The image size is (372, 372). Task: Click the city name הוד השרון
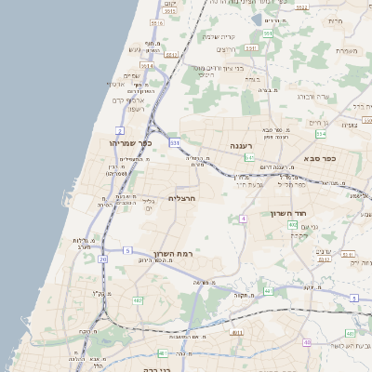tap(288, 214)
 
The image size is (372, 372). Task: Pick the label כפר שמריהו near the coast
tap(117, 143)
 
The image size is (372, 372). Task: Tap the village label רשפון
tap(136, 109)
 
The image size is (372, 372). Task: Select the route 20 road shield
tap(102, 259)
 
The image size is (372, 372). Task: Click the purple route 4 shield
tap(243, 219)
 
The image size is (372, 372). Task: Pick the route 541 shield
tap(250, 158)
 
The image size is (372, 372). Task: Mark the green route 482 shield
tap(138, 300)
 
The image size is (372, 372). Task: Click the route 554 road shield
tap(320, 134)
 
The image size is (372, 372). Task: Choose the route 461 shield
tap(164, 353)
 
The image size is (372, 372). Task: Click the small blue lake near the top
tap(256, 18)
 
